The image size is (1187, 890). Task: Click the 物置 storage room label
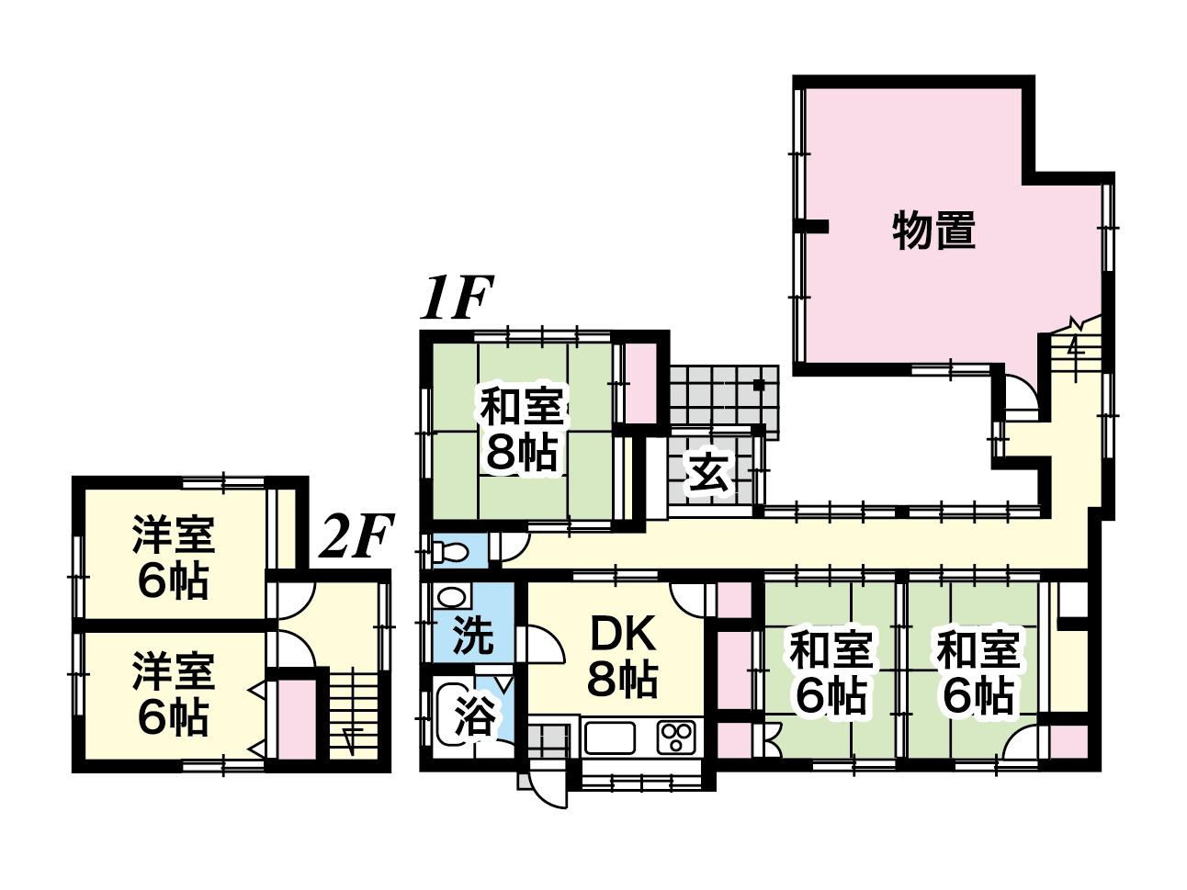click(933, 231)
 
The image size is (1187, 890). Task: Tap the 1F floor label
click(457, 298)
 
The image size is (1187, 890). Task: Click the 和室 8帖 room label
click(522, 429)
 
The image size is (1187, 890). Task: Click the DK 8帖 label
click(623, 656)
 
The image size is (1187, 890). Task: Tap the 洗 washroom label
click(472, 635)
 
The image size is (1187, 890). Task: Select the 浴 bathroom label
click(474, 715)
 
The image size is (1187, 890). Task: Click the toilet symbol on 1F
click(451, 552)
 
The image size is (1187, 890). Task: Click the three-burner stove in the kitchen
click(676, 738)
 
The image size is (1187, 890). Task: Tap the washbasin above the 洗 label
click(452, 597)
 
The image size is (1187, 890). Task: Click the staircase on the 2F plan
click(354, 715)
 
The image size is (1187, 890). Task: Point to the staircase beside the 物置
click(1076, 350)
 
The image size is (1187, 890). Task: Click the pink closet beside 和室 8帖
click(641, 383)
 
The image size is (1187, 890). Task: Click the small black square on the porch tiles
click(759, 385)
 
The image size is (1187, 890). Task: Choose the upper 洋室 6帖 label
click(174, 558)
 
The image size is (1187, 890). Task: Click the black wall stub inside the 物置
click(811, 227)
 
